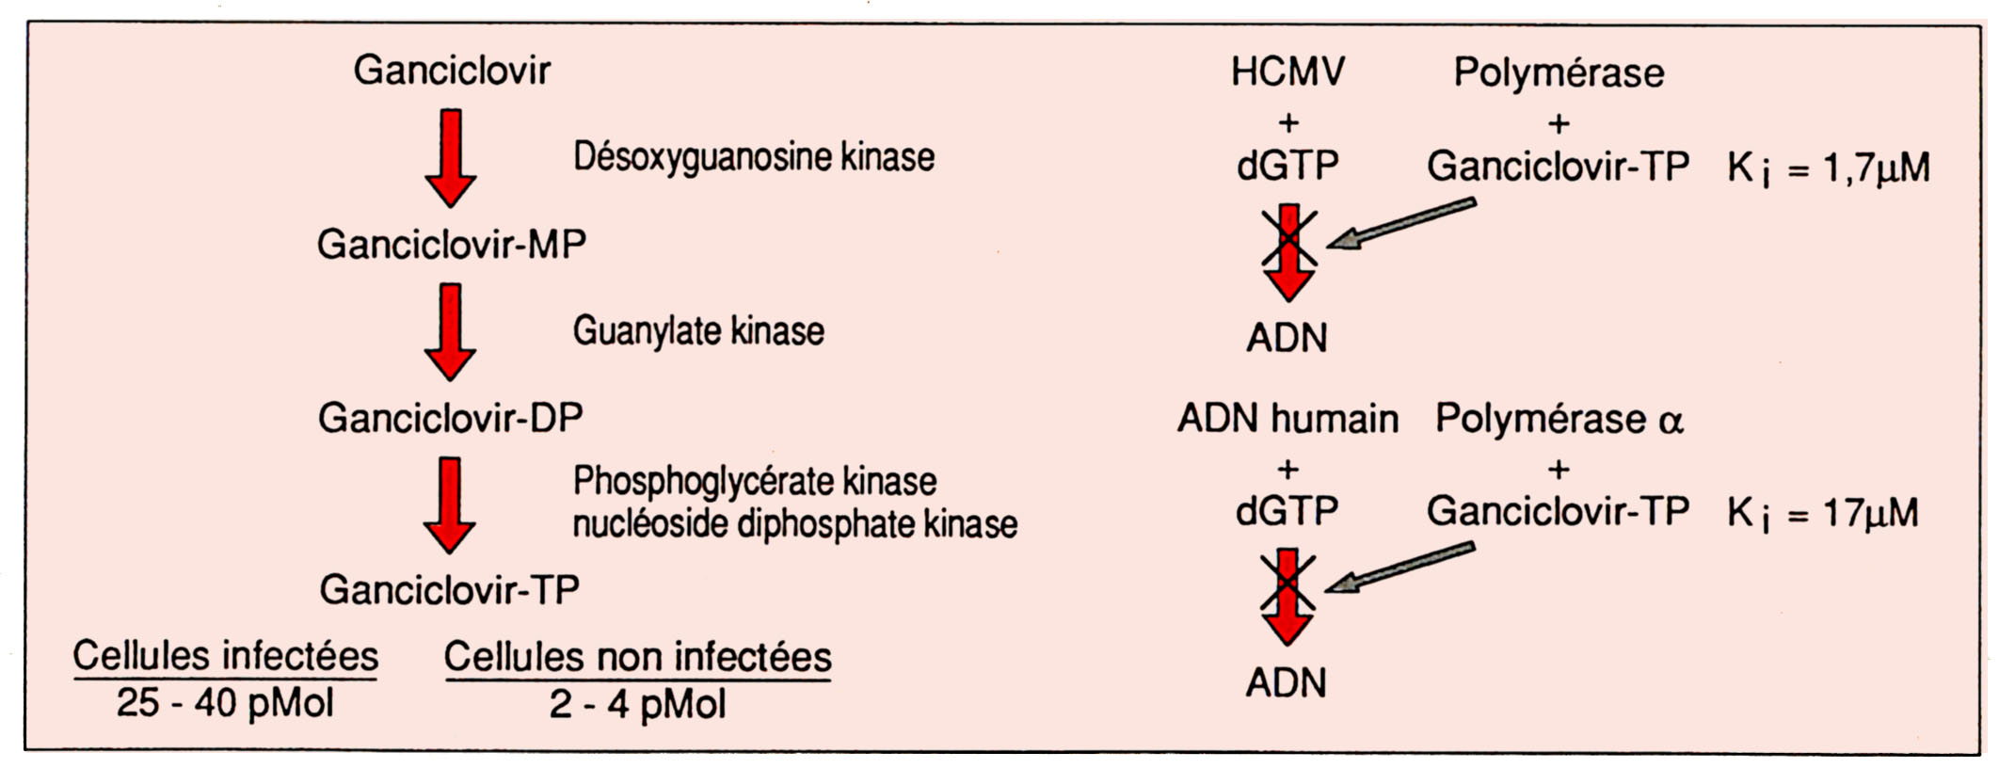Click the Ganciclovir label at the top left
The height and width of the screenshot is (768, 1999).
click(x=452, y=71)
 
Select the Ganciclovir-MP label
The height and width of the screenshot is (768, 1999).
click(x=452, y=245)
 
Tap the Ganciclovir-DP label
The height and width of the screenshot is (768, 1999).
click(x=451, y=418)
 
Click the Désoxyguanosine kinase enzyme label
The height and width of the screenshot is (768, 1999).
click(x=754, y=157)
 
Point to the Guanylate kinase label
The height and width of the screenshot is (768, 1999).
click(x=698, y=331)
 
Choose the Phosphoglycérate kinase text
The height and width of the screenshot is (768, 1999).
click(x=755, y=481)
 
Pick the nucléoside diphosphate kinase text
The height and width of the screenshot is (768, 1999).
click(x=795, y=524)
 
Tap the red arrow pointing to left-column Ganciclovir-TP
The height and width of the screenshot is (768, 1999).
click(x=450, y=504)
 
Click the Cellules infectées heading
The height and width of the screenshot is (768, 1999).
click(x=226, y=656)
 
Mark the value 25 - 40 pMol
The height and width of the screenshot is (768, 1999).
click(x=225, y=703)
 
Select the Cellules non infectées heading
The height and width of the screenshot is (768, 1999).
click(x=637, y=657)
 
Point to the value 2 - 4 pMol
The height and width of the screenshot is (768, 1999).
click(x=637, y=704)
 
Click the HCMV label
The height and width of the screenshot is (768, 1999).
click(x=1287, y=72)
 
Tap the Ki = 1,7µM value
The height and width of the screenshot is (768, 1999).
click(x=1828, y=168)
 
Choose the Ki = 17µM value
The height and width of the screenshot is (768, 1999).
click(x=1822, y=514)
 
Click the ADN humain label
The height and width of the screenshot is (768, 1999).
click(x=1287, y=419)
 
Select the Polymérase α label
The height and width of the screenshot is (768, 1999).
click(x=1559, y=419)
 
